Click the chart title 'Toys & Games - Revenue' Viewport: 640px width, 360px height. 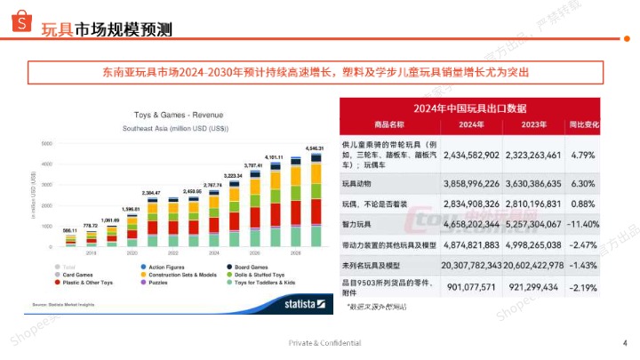[178, 116]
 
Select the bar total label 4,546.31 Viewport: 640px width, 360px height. [314, 148]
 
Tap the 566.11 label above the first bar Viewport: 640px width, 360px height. [69, 229]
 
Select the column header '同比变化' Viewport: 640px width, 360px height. [583, 124]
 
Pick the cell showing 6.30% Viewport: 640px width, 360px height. [583, 183]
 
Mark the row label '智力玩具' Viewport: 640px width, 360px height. [358, 225]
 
